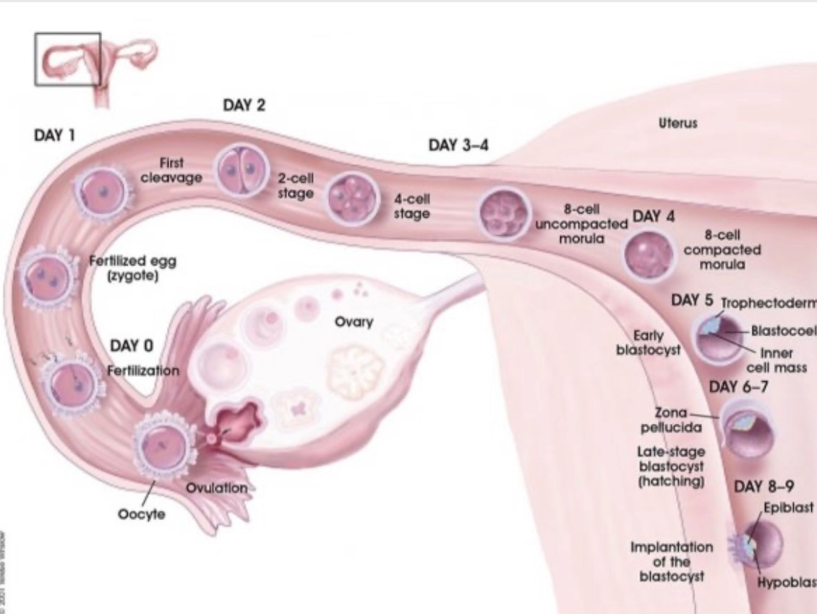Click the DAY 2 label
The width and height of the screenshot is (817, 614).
point(244,106)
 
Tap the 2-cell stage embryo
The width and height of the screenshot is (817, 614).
point(238,171)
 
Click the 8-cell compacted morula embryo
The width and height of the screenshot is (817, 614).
point(648,256)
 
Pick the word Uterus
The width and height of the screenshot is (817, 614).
point(677,124)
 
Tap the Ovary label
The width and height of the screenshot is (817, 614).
point(354,322)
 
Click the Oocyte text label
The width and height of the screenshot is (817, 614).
point(142,514)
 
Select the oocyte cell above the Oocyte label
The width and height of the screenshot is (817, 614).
point(166,443)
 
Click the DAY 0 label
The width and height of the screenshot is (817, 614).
point(132,346)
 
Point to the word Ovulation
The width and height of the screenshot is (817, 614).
point(217,488)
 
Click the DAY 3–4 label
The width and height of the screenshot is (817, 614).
point(458,145)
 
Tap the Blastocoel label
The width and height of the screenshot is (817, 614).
point(784,331)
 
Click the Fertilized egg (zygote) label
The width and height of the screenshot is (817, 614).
point(132,269)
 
